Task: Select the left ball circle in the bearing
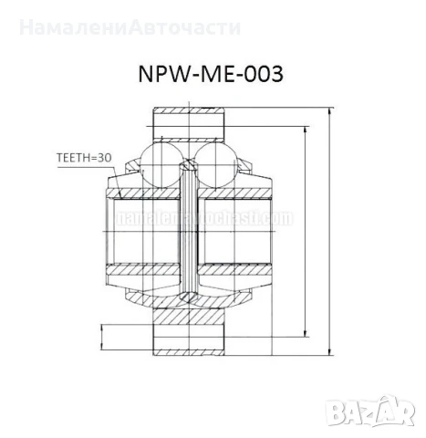[164, 156]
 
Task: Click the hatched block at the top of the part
[187, 121]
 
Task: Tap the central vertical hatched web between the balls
[189, 228]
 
